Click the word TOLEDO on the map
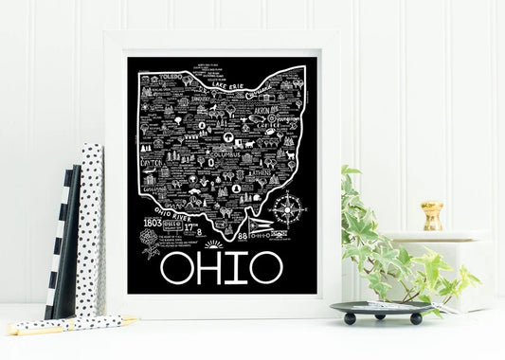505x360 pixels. pos(171,73)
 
